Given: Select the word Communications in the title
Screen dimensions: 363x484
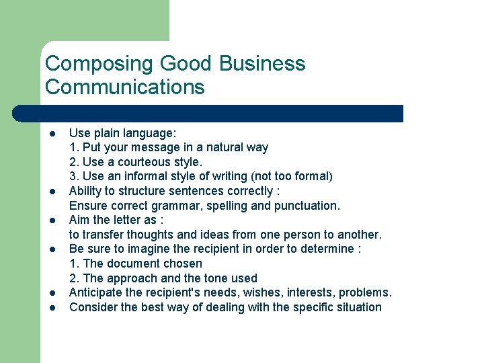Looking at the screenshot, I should tap(125, 87).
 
